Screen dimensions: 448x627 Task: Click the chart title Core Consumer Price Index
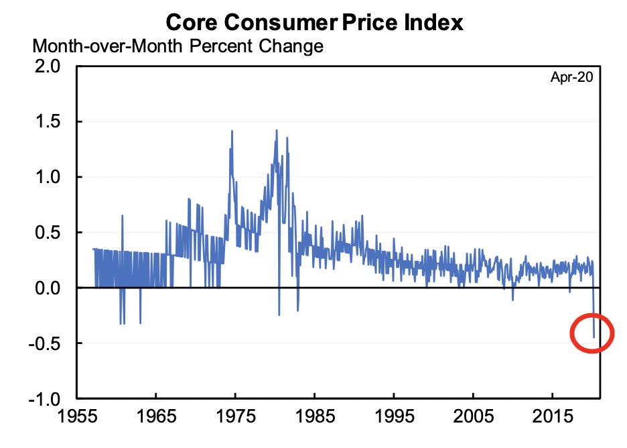[x=313, y=22]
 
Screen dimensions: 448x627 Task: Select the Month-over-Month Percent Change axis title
[x=178, y=47]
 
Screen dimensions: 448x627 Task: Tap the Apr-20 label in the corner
[x=571, y=77]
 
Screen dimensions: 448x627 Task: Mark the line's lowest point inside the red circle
[x=594, y=337]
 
